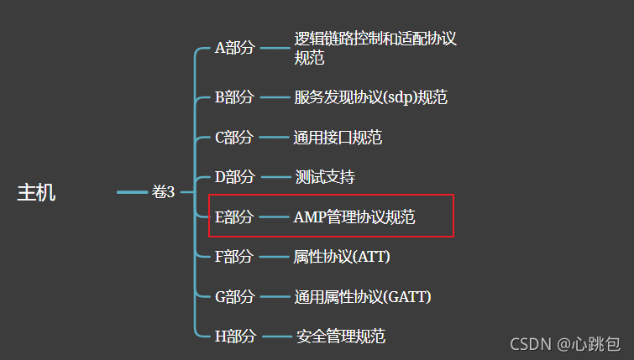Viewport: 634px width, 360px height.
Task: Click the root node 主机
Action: pyautogui.click(x=36, y=192)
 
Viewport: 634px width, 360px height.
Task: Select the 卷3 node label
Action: pyautogui.click(x=163, y=192)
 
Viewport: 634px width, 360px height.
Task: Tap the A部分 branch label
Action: pyautogui.click(x=234, y=48)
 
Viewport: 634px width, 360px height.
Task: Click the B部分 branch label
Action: pyautogui.click(x=234, y=97)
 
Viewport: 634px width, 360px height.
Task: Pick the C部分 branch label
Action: pyautogui.click(x=234, y=137)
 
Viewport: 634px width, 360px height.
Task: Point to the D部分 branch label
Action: pyautogui.click(x=234, y=177)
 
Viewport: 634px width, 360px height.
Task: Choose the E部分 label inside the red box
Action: pyautogui.click(x=234, y=217)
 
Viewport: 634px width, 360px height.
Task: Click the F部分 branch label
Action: pyautogui.click(x=234, y=256)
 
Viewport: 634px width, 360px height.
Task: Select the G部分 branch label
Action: pyautogui.click(x=234, y=296)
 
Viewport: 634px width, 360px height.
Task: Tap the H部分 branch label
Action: pyautogui.click(x=234, y=337)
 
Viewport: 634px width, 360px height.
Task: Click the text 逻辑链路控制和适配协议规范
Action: pyautogui.click(x=375, y=48)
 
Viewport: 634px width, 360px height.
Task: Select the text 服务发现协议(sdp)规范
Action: pyautogui.click(x=370, y=97)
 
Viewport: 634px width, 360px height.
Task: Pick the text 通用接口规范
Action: pyautogui.click(x=338, y=137)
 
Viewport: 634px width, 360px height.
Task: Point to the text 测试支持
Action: pyautogui.click(x=325, y=177)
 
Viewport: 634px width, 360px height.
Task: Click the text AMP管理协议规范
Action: pyautogui.click(x=354, y=217)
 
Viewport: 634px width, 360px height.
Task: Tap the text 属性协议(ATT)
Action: pyautogui.click(x=342, y=256)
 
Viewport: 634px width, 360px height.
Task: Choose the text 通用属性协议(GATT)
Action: pyautogui.click(x=362, y=296)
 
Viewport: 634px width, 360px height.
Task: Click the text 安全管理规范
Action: pyautogui.click(x=340, y=337)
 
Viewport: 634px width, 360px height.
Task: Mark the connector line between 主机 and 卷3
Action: pyautogui.click(x=132, y=192)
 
